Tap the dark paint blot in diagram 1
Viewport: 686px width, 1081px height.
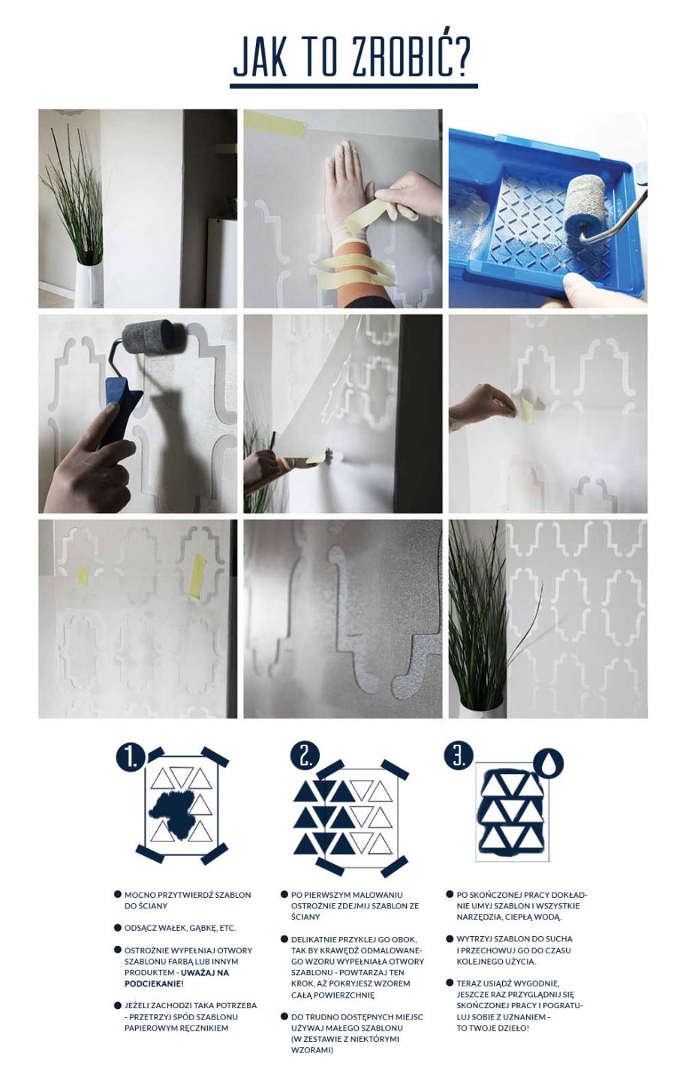tap(177, 810)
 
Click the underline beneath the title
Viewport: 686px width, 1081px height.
tap(354, 86)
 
